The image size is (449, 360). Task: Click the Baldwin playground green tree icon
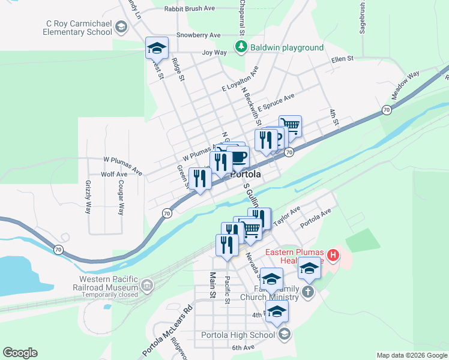click(241, 46)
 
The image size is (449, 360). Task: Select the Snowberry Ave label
click(199, 35)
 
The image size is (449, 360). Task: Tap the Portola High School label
click(238, 335)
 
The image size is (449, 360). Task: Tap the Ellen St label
click(342, 59)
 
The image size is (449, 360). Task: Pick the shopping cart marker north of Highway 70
click(290, 126)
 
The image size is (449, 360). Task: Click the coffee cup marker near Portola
click(238, 157)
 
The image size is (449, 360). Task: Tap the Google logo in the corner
click(20, 353)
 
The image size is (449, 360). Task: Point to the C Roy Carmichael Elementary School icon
click(121, 27)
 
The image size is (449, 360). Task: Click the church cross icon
click(307, 292)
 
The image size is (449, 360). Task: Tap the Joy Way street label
click(214, 52)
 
